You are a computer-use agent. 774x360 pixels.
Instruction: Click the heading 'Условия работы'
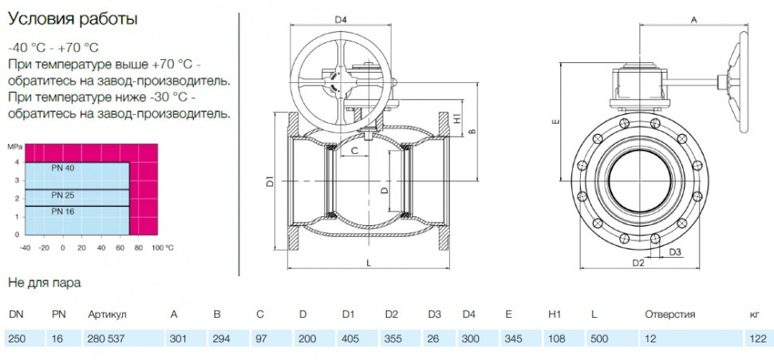73,20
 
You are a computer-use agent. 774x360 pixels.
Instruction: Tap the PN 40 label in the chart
63,168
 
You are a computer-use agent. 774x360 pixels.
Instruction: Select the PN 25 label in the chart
63,195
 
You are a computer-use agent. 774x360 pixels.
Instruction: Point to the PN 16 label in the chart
63,212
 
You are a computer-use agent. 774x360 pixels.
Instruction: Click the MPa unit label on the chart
14,147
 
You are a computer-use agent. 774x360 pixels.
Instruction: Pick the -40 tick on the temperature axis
25,247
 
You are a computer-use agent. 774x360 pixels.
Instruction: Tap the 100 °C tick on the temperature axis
163,247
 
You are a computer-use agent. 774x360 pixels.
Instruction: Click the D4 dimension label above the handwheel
341,20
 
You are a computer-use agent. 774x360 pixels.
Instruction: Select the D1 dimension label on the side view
270,181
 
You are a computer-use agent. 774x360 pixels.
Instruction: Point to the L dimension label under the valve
369,263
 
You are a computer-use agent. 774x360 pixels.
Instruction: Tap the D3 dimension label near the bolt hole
675,252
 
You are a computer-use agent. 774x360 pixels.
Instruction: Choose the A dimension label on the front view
693,20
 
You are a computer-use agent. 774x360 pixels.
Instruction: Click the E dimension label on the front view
556,122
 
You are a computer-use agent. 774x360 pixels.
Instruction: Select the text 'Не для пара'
45,283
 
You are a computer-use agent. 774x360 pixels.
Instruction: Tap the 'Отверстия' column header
669,315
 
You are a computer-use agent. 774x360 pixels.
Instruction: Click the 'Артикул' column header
108,315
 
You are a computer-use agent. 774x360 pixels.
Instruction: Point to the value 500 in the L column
599,339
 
